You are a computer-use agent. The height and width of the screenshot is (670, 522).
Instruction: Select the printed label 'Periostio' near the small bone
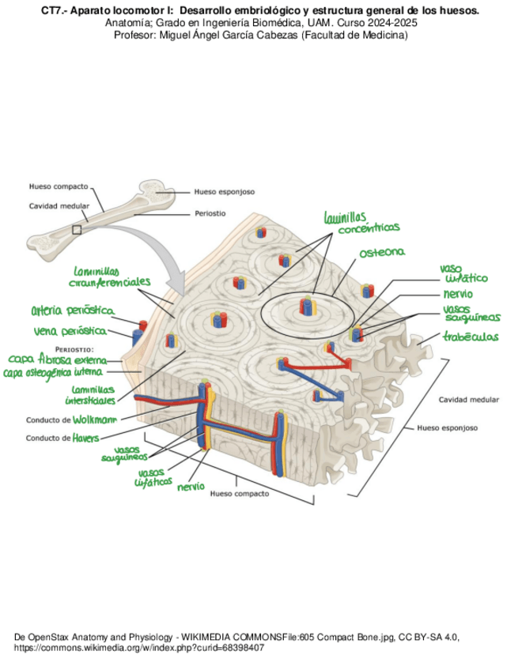coord(210,213)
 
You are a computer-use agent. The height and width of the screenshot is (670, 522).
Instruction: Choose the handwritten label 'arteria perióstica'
coord(73,310)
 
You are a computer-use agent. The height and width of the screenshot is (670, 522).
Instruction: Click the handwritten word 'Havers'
coord(86,437)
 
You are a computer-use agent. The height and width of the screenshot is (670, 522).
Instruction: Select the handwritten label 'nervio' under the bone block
coord(191,486)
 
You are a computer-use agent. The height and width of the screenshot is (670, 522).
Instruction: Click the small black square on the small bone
coord(76,229)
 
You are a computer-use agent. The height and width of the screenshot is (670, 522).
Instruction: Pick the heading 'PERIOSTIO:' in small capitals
coord(75,348)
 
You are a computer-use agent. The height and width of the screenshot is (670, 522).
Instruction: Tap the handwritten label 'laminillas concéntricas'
coord(360,222)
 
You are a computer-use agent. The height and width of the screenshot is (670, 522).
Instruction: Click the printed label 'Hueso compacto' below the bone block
coord(240,494)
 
